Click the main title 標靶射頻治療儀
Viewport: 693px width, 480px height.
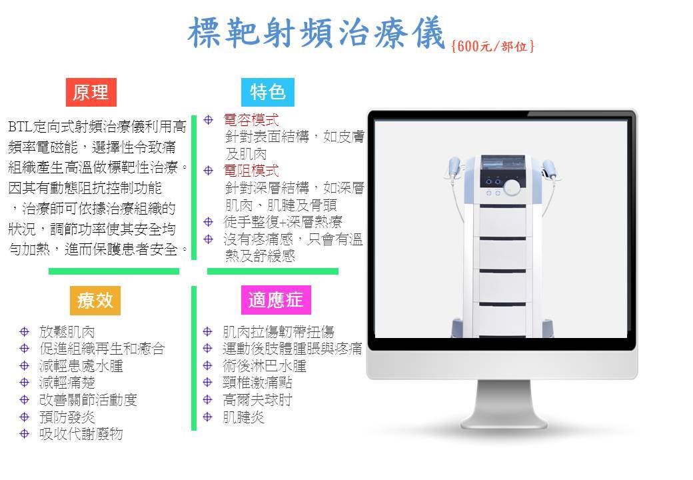tap(316, 32)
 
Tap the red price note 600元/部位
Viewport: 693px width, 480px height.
tap(493, 46)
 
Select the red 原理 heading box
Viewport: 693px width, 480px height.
tap(91, 93)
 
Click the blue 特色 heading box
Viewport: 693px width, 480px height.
tap(268, 93)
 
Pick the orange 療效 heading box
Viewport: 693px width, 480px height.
tap(95, 300)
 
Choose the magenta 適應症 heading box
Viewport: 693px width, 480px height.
tap(277, 300)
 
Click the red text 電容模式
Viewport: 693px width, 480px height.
tap(251, 120)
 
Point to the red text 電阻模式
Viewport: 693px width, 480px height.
tap(251, 171)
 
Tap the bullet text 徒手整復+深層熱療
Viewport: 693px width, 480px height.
tap(283, 222)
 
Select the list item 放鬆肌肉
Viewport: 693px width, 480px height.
tap(67, 331)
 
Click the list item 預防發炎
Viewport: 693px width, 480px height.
tap(67, 417)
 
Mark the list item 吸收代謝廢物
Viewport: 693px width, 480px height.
tap(81, 434)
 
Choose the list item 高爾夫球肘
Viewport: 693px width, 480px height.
tap(257, 400)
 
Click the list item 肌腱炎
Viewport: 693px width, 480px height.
tap(243, 417)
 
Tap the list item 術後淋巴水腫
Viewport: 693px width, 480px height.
tap(265, 366)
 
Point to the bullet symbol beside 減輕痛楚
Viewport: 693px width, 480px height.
tap(24, 383)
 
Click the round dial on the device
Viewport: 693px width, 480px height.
tap(512, 186)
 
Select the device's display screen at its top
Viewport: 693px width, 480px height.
tap(503, 163)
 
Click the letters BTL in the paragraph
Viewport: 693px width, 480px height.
tap(20, 127)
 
